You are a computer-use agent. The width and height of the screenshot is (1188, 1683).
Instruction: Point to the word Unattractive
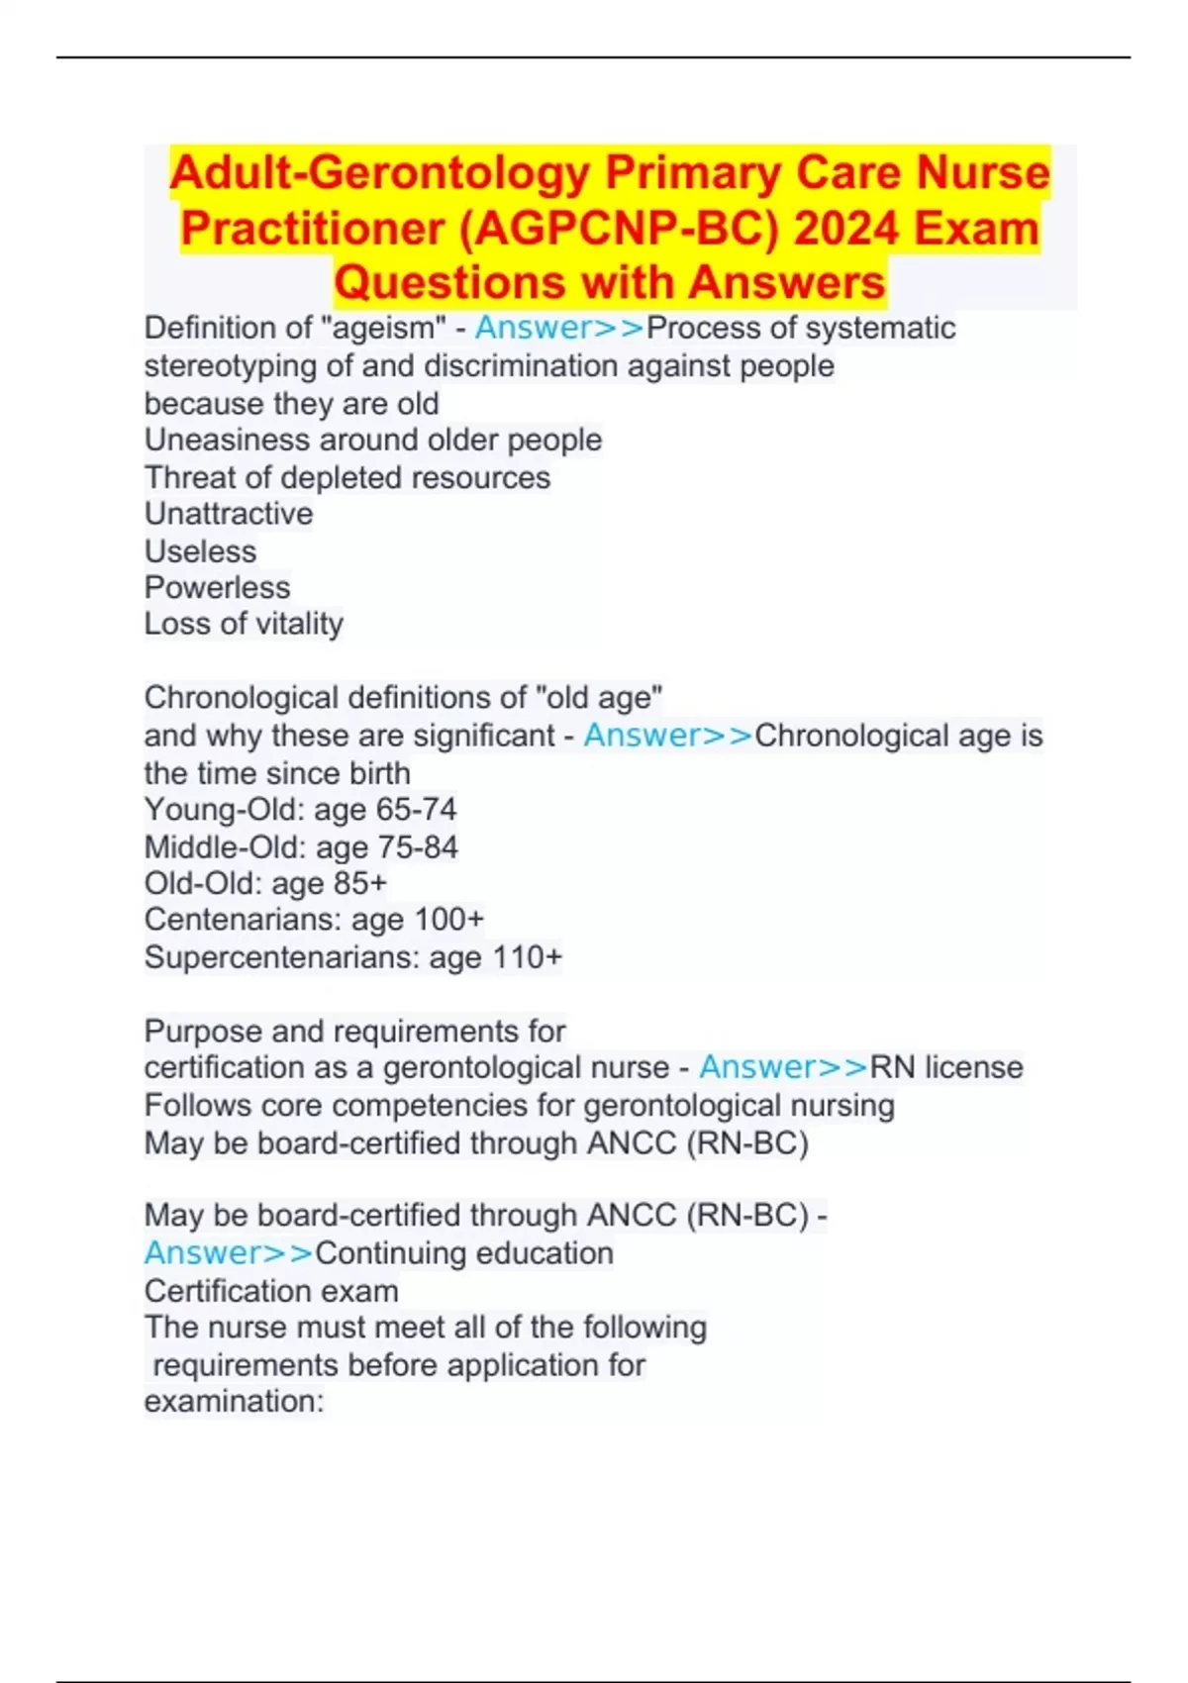[x=229, y=514]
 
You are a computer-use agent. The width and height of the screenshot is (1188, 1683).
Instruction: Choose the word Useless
[x=200, y=551]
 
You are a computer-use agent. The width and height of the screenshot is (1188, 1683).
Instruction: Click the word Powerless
[x=218, y=588]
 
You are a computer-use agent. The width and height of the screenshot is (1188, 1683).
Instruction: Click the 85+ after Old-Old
[x=360, y=883]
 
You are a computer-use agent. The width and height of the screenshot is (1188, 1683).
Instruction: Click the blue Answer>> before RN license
[x=783, y=1067]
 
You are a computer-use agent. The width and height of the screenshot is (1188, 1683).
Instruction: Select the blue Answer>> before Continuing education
[x=229, y=1253]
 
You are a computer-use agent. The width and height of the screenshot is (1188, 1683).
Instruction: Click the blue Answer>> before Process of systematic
[x=559, y=328]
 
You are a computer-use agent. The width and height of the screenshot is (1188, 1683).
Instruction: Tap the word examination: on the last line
[x=235, y=1402]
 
